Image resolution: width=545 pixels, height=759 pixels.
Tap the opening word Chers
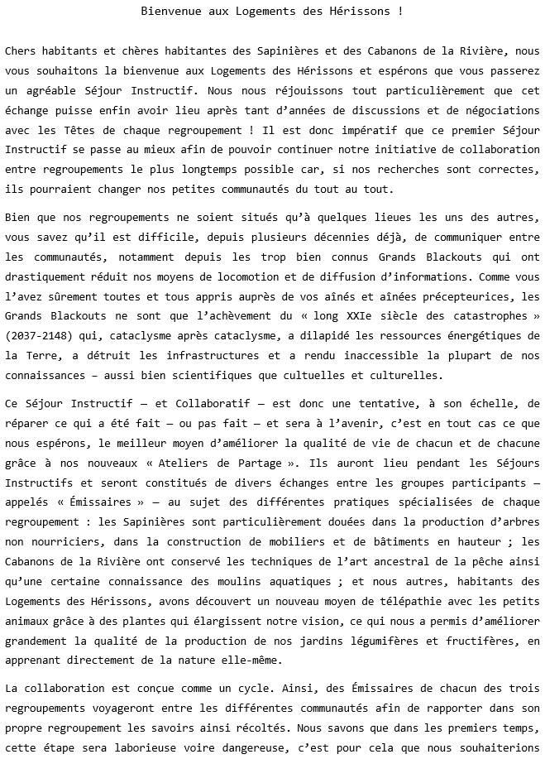click(21, 52)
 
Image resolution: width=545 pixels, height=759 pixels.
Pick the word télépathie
click(390, 602)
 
